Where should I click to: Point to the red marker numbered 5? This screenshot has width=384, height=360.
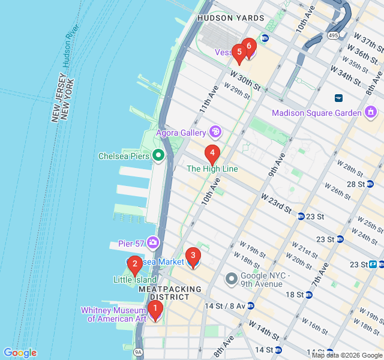[239, 53]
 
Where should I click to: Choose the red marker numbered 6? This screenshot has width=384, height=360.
[248, 47]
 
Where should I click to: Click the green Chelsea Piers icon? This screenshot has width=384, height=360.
[159, 156]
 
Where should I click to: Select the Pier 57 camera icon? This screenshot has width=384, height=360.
[154, 242]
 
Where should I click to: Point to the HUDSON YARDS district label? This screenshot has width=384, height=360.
[230, 18]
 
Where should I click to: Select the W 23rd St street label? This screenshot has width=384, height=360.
[276, 204]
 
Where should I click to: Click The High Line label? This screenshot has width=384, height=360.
[212, 169]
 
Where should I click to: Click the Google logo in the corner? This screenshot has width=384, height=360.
[20, 353]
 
